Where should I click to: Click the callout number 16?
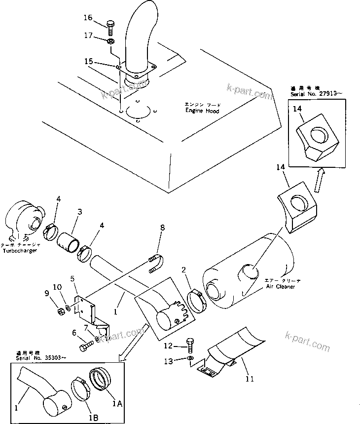coord(87,18)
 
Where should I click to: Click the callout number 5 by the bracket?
coord(72,279)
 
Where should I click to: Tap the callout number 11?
coord(249,379)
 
